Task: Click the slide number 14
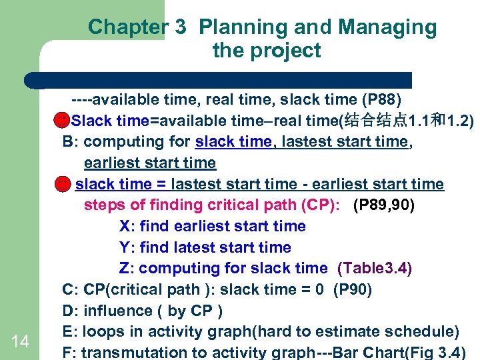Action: point(20,341)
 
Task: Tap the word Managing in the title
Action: point(387,27)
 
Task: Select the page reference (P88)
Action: point(381,99)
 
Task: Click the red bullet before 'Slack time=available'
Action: point(61,120)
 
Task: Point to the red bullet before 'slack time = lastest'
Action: point(61,183)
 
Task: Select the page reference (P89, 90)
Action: point(383,205)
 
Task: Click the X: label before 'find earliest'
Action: point(127,226)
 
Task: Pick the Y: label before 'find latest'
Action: point(127,247)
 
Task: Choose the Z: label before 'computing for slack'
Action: point(127,268)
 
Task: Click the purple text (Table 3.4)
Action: point(375,268)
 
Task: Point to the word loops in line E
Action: point(103,331)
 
